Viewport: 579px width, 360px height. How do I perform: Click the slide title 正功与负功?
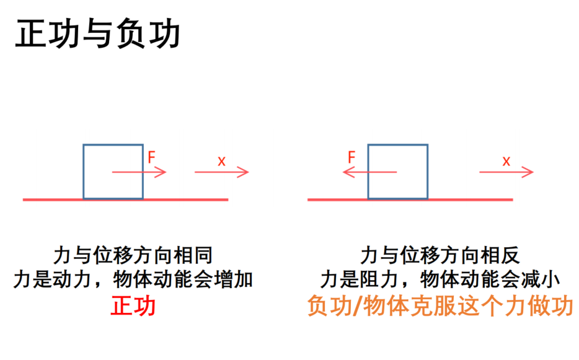(97, 34)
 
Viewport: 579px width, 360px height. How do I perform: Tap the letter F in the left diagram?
(151, 157)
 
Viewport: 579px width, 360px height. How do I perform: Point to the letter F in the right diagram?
(351, 157)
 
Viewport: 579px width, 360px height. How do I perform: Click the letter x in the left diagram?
(221, 161)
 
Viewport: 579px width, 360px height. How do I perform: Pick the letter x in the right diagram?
(506, 161)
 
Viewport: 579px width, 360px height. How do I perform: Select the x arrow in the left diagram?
(222, 172)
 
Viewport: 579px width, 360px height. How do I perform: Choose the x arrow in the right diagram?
(506, 172)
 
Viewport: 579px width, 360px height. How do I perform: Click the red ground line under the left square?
(126, 200)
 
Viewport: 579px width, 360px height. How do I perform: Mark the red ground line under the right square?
(410, 200)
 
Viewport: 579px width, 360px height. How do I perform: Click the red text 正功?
(133, 305)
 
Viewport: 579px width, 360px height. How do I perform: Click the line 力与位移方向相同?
(133, 255)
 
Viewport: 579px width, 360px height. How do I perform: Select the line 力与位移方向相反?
(440, 255)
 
